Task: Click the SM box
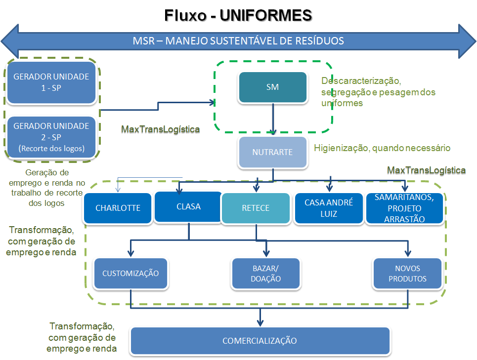272,87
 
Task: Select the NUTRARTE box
272,152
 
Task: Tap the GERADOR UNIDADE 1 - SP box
51,82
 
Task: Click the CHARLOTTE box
118,208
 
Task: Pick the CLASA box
188,206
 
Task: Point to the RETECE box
256,208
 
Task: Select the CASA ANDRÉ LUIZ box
328,208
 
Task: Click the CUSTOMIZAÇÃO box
130,273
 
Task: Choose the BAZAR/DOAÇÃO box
265,274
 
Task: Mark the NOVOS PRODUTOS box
407,274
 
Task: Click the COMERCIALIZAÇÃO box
260,341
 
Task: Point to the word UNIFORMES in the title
266,15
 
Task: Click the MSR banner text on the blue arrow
238,40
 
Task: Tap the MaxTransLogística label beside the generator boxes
161,129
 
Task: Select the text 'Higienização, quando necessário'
382,148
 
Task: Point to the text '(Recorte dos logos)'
51,148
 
